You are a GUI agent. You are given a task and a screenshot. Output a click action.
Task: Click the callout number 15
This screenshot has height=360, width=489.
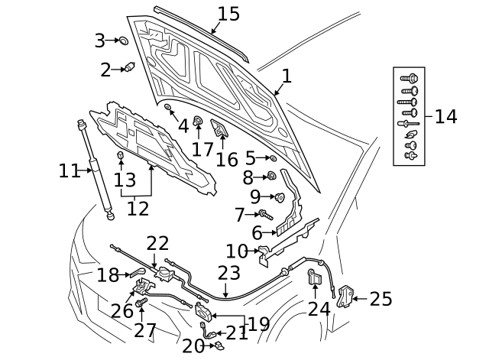pyautogui.click(x=228, y=14)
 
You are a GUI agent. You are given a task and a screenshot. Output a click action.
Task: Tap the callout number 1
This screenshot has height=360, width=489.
pyautogui.click(x=287, y=76)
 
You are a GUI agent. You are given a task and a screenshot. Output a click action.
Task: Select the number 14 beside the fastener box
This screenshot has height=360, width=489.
pyautogui.click(x=445, y=116)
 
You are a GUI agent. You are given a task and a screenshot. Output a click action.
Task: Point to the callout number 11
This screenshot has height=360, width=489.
pyautogui.click(x=69, y=171)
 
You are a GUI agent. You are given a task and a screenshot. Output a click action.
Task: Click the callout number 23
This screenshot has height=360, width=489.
pyautogui.click(x=228, y=273)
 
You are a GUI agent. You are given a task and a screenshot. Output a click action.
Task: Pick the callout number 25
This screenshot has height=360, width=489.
pyautogui.click(x=381, y=298)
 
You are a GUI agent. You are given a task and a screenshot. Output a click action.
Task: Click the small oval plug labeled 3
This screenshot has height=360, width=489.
pyautogui.click(x=122, y=41)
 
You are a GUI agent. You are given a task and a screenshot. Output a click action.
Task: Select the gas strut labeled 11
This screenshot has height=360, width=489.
pyautogui.click(x=96, y=170)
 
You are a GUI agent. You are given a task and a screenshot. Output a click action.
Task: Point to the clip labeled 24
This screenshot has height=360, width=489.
pyautogui.click(x=313, y=277)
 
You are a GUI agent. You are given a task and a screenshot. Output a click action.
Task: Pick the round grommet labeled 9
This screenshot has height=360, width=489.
pyautogui.click(x=279, y=197)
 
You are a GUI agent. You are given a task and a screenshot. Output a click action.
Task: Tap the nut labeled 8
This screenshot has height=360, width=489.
pyautogui.click(x=270, y=177)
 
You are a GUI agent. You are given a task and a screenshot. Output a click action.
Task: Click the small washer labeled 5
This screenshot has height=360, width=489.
pyautogui.click(x=273, y=158)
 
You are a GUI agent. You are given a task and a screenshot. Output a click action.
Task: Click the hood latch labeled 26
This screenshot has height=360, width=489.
pyautogui.click(x=143, y=287)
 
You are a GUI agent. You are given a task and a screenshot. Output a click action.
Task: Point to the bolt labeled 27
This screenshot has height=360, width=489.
pyautogui.click(x=141, y=305)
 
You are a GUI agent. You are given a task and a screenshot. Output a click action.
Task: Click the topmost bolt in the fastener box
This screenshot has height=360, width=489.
pyautogui.click(x=409, y=78)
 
